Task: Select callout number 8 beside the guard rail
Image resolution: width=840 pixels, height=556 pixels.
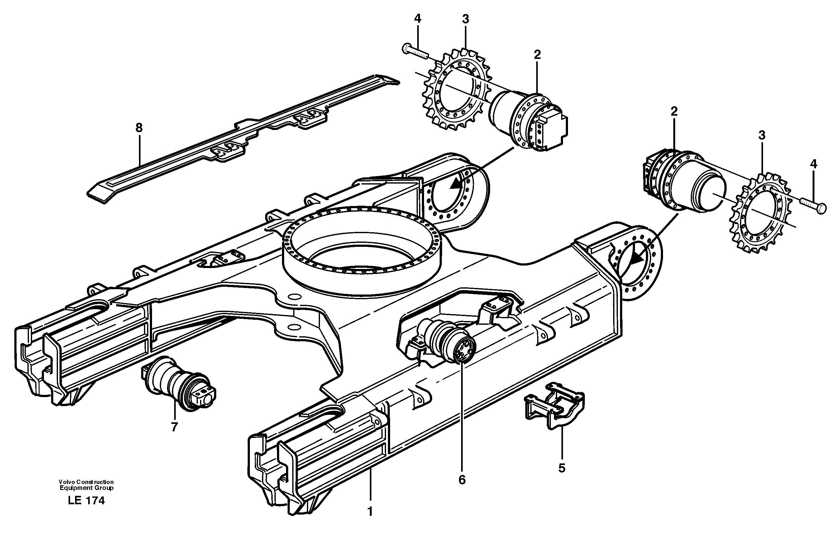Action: click(x=139, y=128)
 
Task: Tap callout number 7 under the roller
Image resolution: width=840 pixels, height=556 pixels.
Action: click(x=174, y=427)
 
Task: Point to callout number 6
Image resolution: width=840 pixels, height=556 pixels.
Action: click(x=462, y=479)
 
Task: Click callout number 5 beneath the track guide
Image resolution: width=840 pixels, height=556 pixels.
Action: click(x=562, y=468)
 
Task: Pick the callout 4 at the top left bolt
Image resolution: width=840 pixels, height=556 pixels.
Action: click(x=418, y=18)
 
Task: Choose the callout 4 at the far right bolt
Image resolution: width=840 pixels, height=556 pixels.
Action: click(x=814, y=164)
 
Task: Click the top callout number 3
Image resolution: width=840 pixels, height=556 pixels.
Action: click(x=465, y=19)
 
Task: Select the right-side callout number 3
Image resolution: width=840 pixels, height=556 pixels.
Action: click(x=762, y=135)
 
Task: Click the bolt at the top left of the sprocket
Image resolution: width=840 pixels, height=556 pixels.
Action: click(x=415, y=52)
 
